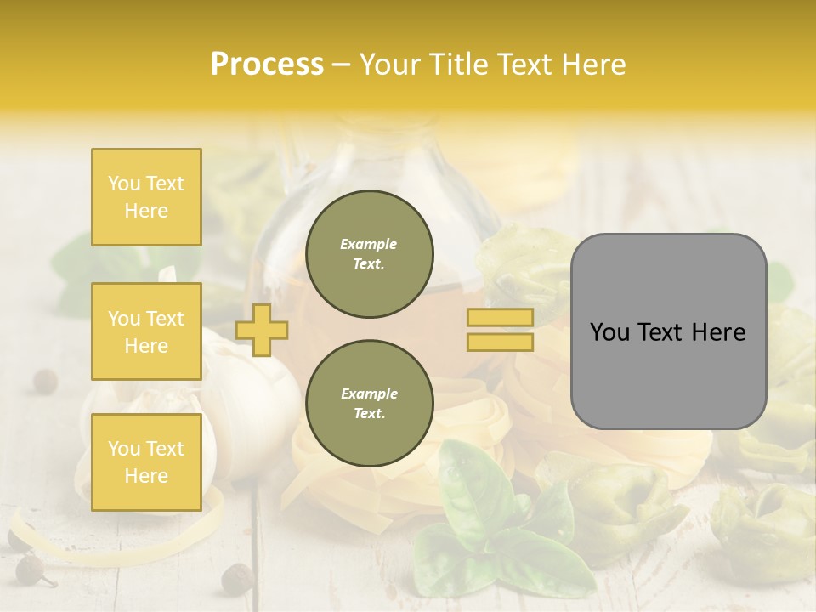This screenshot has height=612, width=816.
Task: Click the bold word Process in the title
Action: coord(267,65)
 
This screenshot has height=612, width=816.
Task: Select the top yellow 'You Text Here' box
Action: coord(146,197)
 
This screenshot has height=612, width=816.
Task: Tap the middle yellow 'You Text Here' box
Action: coord(146,331)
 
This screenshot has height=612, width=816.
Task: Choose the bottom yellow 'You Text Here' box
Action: coord(146,462)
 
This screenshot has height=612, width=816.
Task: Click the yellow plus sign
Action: coord(262,330)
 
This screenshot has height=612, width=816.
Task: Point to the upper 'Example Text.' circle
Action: coord(369,254)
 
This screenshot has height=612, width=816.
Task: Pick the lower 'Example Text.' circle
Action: coord(369,404)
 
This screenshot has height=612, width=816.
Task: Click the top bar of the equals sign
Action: coord(500,317)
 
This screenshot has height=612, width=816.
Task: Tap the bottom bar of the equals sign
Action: coord(500,342)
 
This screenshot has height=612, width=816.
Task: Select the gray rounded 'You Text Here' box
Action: coord(668,331)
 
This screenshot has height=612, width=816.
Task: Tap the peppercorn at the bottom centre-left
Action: coord(235,578)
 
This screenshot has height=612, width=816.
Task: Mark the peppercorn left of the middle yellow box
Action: coord(44,380)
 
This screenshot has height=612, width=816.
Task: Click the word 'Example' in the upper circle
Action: coord(369,244)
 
